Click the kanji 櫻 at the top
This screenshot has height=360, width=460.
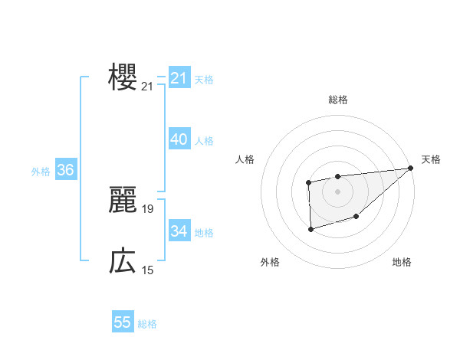(x=123, y=77)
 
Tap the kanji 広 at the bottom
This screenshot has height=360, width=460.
(x=123, y=261)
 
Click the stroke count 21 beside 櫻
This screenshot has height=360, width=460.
(x=147, y=87)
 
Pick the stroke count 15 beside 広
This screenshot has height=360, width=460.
(x=147, y=270)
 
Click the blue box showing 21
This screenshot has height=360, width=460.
(x=179, y=78)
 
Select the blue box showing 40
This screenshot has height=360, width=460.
(x=179, y=139)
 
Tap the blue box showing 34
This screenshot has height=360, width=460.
(x=179, y=231)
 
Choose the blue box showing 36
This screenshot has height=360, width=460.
(x=65, y=170)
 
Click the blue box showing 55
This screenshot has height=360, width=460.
(x=123, y=322)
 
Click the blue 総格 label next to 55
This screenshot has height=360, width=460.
(x=147, y=324)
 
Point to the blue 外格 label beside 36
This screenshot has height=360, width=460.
(x=41, y=172)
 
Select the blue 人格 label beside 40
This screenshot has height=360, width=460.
(x=204, y=141)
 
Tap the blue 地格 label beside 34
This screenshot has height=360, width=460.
(x=204, y=232)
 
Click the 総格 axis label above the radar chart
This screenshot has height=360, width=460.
(x=338, y=100)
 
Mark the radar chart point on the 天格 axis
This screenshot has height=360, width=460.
(x=411, y=168)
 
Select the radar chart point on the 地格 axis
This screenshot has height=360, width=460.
(x=356, y=217)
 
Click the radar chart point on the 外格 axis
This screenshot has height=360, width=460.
(x=310, y=229)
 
